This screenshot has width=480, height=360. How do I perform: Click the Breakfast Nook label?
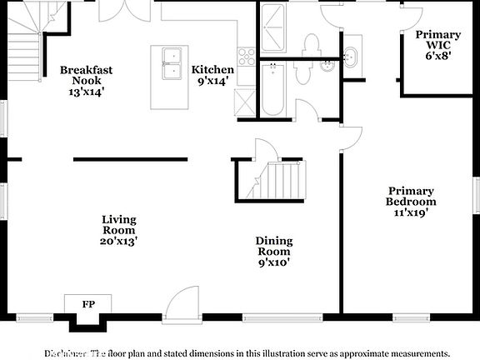[86, 76]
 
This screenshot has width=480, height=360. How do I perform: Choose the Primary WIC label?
[437, 46]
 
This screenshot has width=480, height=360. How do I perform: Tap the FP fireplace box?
[87, 304]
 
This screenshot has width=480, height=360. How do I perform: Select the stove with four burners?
[247, 56]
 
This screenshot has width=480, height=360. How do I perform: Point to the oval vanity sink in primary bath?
[351, 57]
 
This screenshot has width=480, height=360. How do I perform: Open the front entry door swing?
[182, 304]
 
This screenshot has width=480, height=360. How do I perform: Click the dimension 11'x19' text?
[411, 212]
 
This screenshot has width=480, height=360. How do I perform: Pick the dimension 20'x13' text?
[119, 241]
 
